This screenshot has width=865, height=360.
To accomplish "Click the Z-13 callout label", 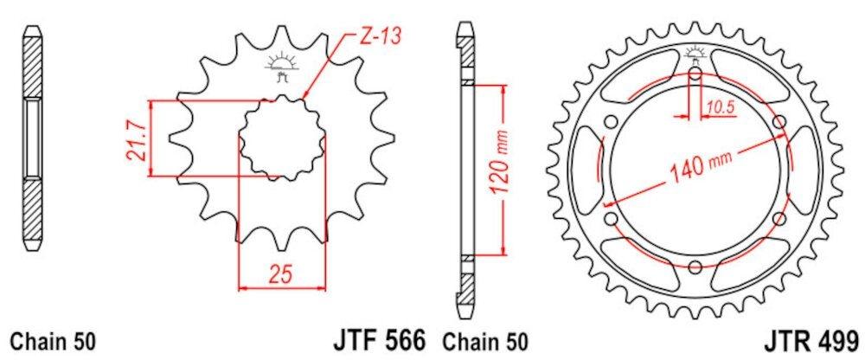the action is tap(380, 35).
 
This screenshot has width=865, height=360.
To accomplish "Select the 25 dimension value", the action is tap(281, 273).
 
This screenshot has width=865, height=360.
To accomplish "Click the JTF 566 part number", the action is tap(379, 339).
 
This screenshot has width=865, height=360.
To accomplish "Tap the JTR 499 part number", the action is tap(811, 339).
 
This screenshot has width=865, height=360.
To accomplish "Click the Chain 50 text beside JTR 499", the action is tap(484, 341).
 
